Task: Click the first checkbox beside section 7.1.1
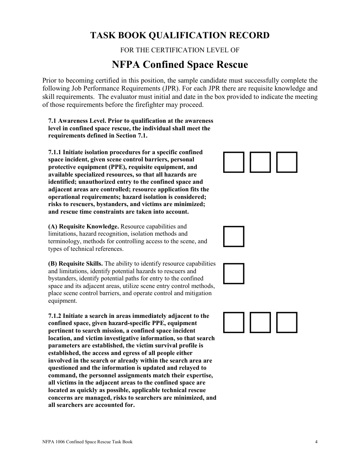click(233, 162)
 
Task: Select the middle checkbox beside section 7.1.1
click(260, 162)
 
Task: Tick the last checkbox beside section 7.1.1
click(287, 162)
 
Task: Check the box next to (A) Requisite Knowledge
click(233, 236)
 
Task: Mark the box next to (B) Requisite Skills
click(233, 274)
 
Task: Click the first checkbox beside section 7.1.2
click(233, 322)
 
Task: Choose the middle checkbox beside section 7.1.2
click(260, 322)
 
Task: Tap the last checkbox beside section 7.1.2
click(287, 322)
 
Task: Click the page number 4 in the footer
click(316, 442)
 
